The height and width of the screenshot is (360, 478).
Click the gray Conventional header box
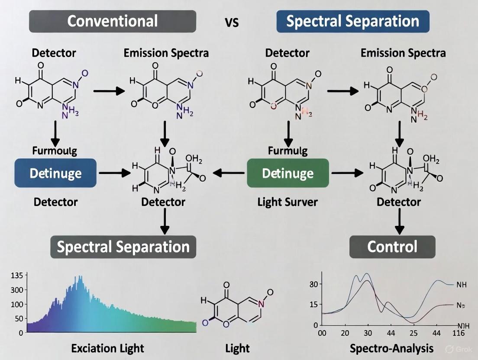tap(112, 21)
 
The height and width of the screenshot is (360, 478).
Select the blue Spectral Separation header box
tap(352, 21)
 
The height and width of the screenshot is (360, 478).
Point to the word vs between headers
tap(232, 22)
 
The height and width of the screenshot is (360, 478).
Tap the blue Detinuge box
tap(55, 173)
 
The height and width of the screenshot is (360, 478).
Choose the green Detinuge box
tap(287, 173)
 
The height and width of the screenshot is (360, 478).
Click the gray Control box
tap(392, 247)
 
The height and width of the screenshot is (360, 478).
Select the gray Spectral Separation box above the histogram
tap(123, 247)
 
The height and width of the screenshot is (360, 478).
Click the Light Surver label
tap(287, 202)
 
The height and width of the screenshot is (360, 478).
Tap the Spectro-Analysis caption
tap(391, 348)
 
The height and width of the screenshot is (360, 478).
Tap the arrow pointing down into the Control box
tap(400, 223)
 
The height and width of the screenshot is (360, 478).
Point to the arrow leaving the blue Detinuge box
tap(114, 174)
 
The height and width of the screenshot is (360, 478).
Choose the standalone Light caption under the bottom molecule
tap(238, 348)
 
